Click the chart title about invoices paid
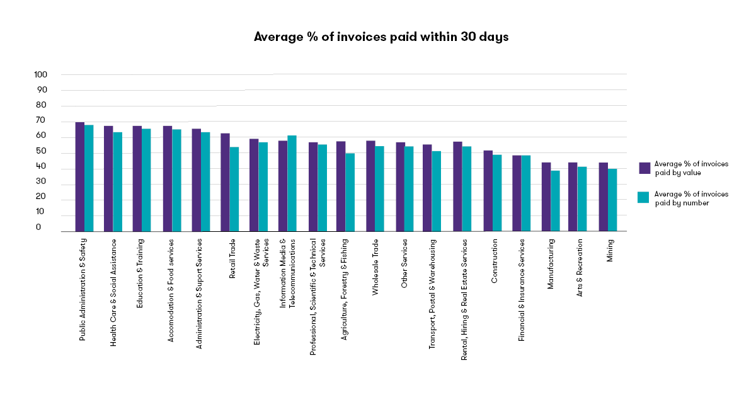click(x=381, y=37)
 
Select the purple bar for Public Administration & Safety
click(x=80, y=177)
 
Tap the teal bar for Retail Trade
click(x=234, y=189)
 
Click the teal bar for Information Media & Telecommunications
click(x=292, y=183)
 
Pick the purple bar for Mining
click(x=603, y=197)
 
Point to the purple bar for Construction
click(x=488, y=191)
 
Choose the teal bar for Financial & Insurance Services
click(x=525, y=193)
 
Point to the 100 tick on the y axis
click(x=41, y=74)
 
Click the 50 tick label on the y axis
click(x=41, y=151)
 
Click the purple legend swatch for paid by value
click(x=644, y=168)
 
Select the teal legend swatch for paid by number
click(x=644, y=198)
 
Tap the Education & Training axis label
click(x=139, y=273)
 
